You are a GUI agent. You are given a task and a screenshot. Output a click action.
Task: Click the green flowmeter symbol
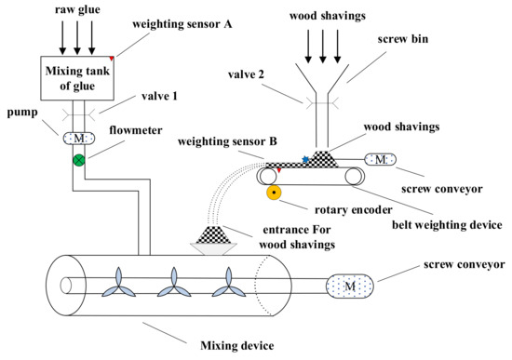click(79, 160)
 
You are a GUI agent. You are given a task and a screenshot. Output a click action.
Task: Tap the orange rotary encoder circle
click(274, 193)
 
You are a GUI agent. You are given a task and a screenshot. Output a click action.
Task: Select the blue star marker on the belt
click(305, 159)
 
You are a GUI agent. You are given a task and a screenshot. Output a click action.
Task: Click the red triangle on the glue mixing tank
click(112, 59)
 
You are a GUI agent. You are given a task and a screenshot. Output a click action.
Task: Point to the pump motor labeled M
click(79, 139)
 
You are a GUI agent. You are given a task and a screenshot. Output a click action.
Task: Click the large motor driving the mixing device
click(350, 287)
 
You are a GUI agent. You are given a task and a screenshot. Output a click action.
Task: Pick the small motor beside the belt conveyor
click(380, 159)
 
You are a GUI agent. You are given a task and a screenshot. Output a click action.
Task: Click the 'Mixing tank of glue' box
click(77, 78)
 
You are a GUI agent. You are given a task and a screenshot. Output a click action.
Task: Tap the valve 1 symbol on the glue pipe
click(79, 115)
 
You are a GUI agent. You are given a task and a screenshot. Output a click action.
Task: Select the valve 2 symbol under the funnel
click(322, 103)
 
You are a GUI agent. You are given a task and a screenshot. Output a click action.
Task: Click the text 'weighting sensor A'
click(182, 24)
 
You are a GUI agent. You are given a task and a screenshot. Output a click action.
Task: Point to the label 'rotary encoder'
click(354, 210)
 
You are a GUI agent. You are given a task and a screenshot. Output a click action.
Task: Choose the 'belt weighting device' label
click(447, 225)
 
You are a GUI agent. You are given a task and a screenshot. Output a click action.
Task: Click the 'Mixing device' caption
click(237, 345)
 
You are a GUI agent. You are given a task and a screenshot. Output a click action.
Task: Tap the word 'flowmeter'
click(136, 130)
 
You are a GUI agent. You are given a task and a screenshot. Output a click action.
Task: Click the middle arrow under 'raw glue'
click(77, 37)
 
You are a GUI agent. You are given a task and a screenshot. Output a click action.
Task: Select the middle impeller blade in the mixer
click(174, 283)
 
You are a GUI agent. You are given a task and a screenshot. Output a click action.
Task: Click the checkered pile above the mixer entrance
click(213, 234)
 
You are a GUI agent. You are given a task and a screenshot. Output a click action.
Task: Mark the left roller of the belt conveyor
click(268, 176)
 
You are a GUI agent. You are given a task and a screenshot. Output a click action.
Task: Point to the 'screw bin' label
click(403, 39)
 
